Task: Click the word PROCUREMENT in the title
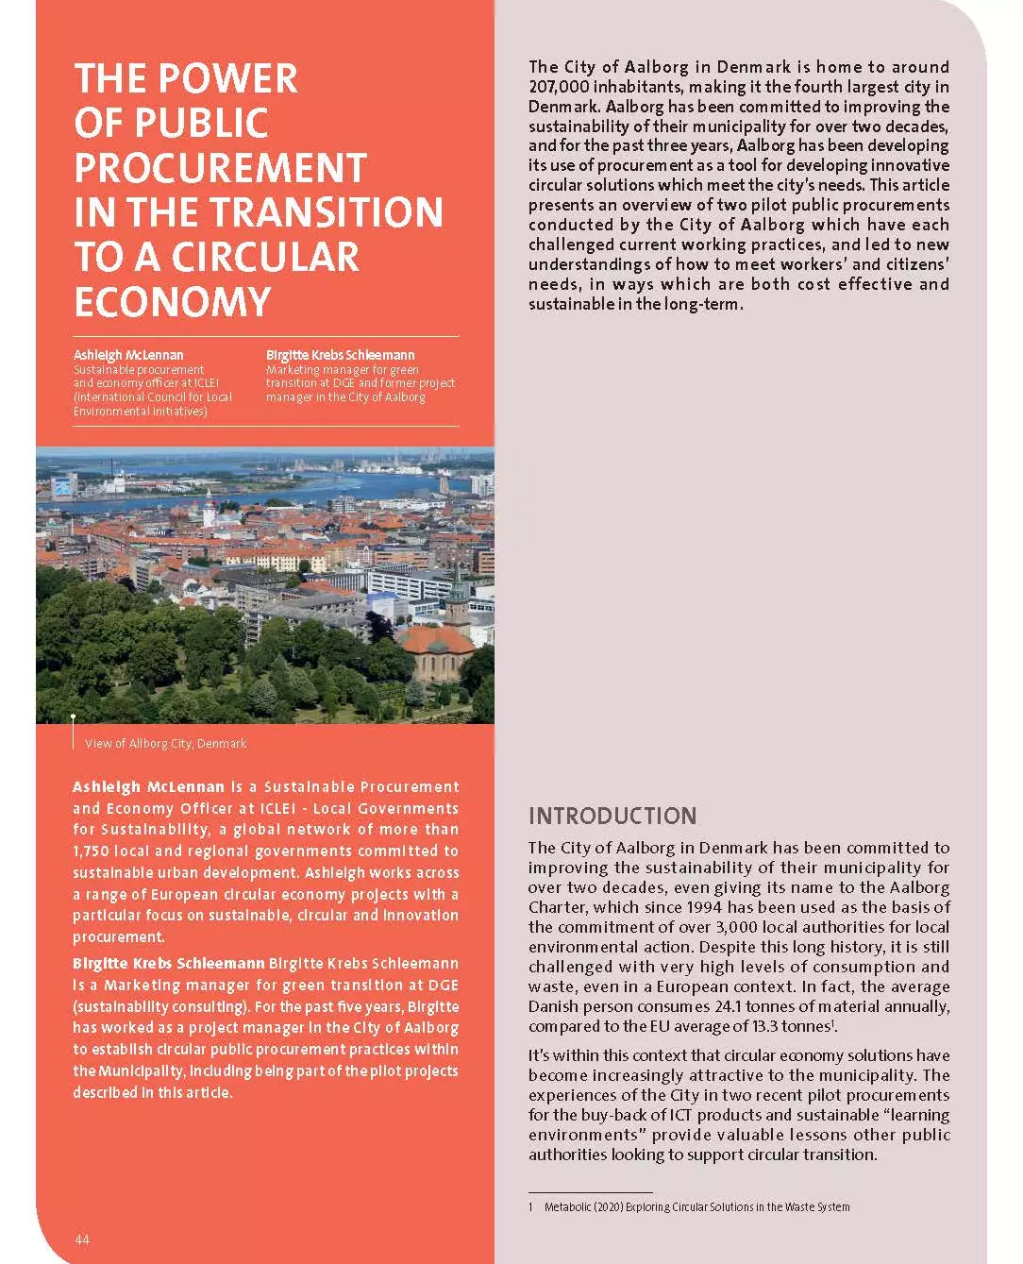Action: (x=220, y=168)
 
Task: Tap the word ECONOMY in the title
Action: (x=173, y=302)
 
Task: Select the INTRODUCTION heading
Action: (x=612, y=817)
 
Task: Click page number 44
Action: (x=82, y=1239)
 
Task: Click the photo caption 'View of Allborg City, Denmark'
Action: (x=165, y=744)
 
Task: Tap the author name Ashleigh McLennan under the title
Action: (x=128, y=355)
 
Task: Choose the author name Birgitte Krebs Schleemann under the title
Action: (x=340, y=355)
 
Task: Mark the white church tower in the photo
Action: (x=209, y=511)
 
